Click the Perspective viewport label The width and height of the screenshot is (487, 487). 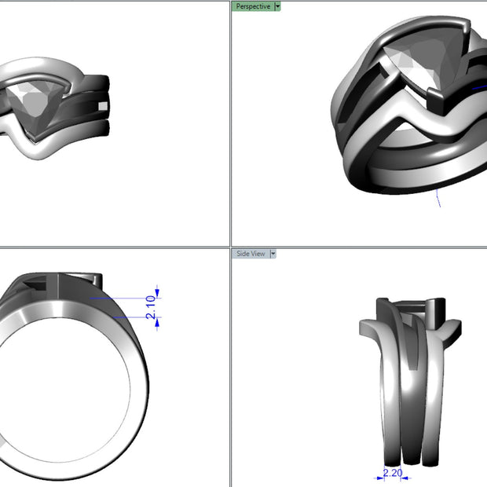click(x=253, y=6)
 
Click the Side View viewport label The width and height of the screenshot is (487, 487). click(x=251, y=254)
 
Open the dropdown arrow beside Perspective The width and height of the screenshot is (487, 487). click(x=277, y=6)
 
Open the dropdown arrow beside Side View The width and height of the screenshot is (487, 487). click(x=273, y=254)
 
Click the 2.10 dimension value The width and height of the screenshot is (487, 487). click(x=151, y=307)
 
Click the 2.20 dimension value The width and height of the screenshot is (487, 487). click(x=393, y=473)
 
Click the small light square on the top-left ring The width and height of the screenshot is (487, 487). click(x=103, y=106)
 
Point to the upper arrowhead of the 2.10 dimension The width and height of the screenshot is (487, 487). click(x=157, y=292)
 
